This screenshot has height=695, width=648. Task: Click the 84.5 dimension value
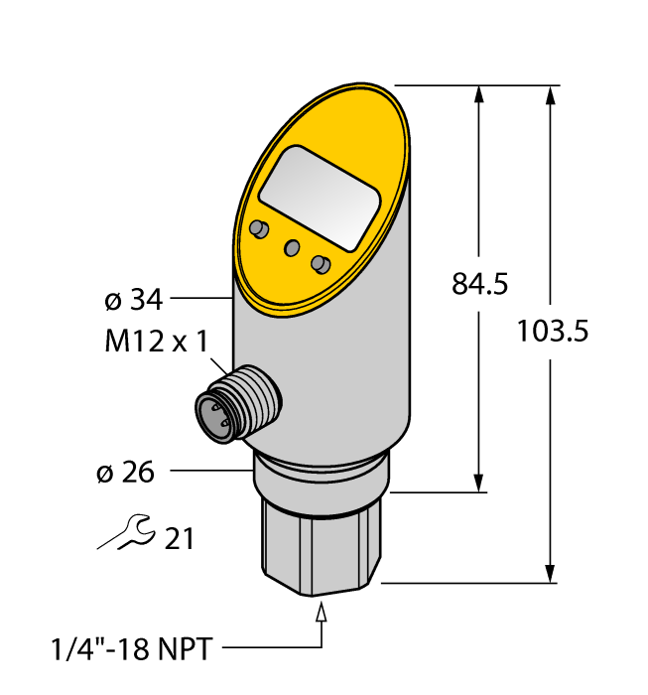(x=479, y=285)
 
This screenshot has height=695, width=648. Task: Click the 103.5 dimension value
(x=553, y=332)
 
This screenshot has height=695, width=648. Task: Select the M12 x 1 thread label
(x=156, y=343)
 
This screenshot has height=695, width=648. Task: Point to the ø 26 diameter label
(x=125, y=473)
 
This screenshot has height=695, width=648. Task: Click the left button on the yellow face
(x=259, y=229)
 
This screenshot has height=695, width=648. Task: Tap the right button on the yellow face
(x=320, y=263)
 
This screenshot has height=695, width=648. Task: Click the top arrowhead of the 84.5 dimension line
(x=480, y=95)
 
